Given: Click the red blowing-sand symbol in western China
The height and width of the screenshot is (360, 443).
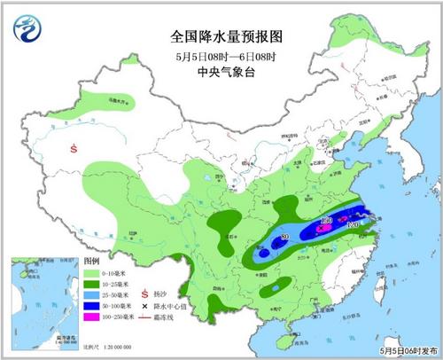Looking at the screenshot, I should click(73, 150).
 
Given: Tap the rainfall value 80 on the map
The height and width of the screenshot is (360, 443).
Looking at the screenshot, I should click(285, 238).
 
